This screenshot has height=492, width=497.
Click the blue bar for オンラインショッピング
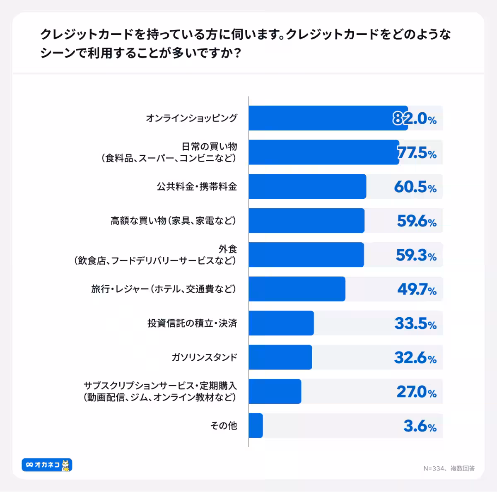tap(328, 118)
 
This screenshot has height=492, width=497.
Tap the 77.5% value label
tap(417, 153)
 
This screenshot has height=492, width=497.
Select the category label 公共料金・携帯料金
tap(196, 187)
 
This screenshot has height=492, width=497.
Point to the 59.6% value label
tap(417, 221)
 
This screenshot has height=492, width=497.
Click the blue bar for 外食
tap(306, 255)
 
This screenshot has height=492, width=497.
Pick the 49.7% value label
tap(417, 289)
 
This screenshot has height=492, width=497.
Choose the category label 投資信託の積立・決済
tap(192, 323)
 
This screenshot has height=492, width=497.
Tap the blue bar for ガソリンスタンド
tap(280, 357)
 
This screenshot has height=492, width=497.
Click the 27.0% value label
tap(417, 392)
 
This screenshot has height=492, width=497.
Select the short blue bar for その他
tap(256, 425)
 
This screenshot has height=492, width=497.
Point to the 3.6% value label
tap(420, 426)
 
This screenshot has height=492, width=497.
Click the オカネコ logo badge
tap(47, 465)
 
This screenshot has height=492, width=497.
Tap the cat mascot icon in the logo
tap(66, 465)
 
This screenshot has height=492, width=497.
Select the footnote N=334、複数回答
tap(449, 468)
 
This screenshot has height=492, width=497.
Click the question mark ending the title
tap(237, 53)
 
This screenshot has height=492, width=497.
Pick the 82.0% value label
tap(415, 119)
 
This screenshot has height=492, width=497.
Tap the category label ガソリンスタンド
tap(204, 357)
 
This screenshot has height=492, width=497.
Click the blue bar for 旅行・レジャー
tap(297, 289)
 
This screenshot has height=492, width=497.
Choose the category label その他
tap(224, 425)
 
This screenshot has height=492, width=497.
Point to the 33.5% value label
tap(415, 323)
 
